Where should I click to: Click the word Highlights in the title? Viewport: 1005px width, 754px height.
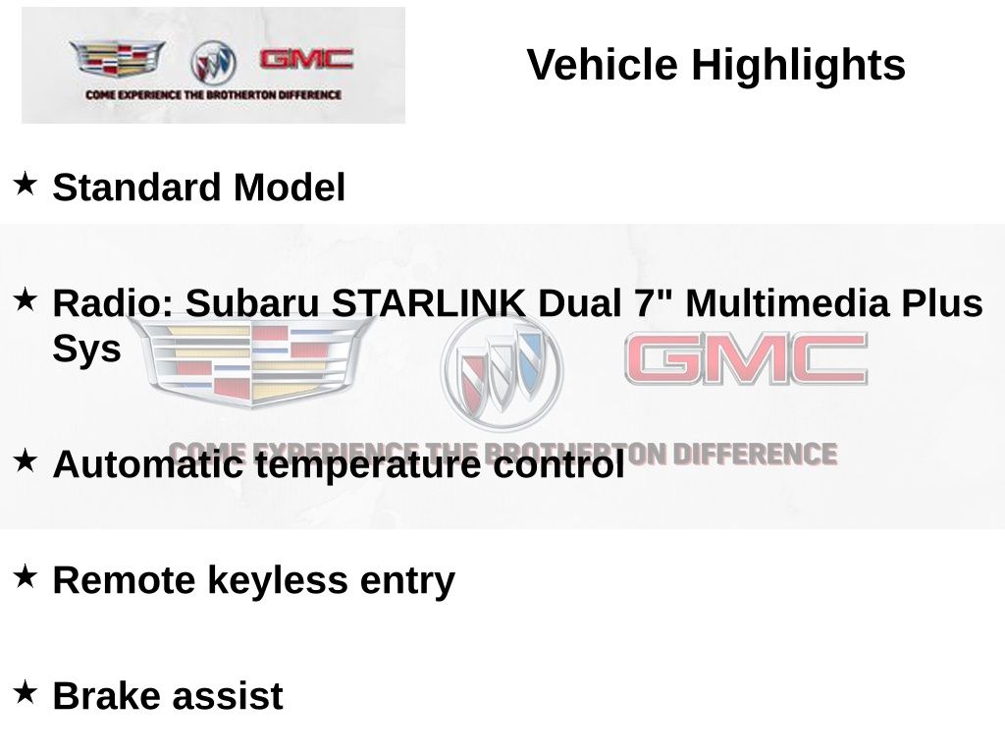click(x=798, y=66)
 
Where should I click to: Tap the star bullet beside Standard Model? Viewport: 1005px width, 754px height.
click(x=26, y=184)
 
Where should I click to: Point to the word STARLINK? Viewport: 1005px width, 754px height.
click(x=428, y=303)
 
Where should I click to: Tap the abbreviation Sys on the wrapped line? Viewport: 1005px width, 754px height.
click(x=86, y=349)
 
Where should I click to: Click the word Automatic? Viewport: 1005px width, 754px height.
click(x=147, y=464)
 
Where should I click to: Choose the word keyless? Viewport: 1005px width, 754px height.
click(x=278, y=580)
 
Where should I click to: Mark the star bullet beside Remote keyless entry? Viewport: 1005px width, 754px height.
click(x=26, y=576)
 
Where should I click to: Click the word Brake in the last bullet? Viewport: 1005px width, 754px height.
click(x=105, y=696)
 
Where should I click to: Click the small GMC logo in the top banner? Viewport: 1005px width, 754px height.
click(x=306, y=60)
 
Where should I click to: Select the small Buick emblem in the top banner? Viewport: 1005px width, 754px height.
click(x=213, y=63)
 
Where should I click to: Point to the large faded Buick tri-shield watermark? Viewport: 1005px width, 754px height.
click(x=502, y=371)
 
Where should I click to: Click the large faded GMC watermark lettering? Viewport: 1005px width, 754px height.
click(x=746, y=359)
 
